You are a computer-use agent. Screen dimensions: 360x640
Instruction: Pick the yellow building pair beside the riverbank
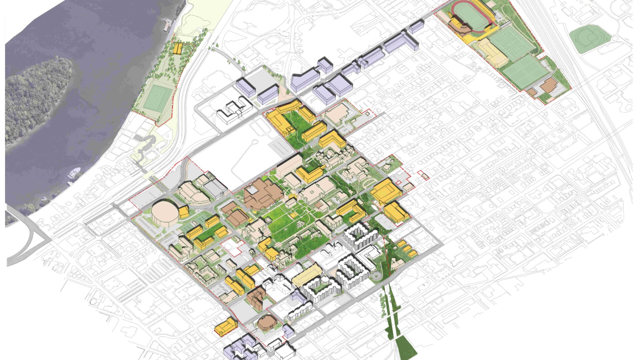click(x=178, y=48)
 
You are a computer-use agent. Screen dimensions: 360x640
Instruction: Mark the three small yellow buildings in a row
click(x=406, y=248)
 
